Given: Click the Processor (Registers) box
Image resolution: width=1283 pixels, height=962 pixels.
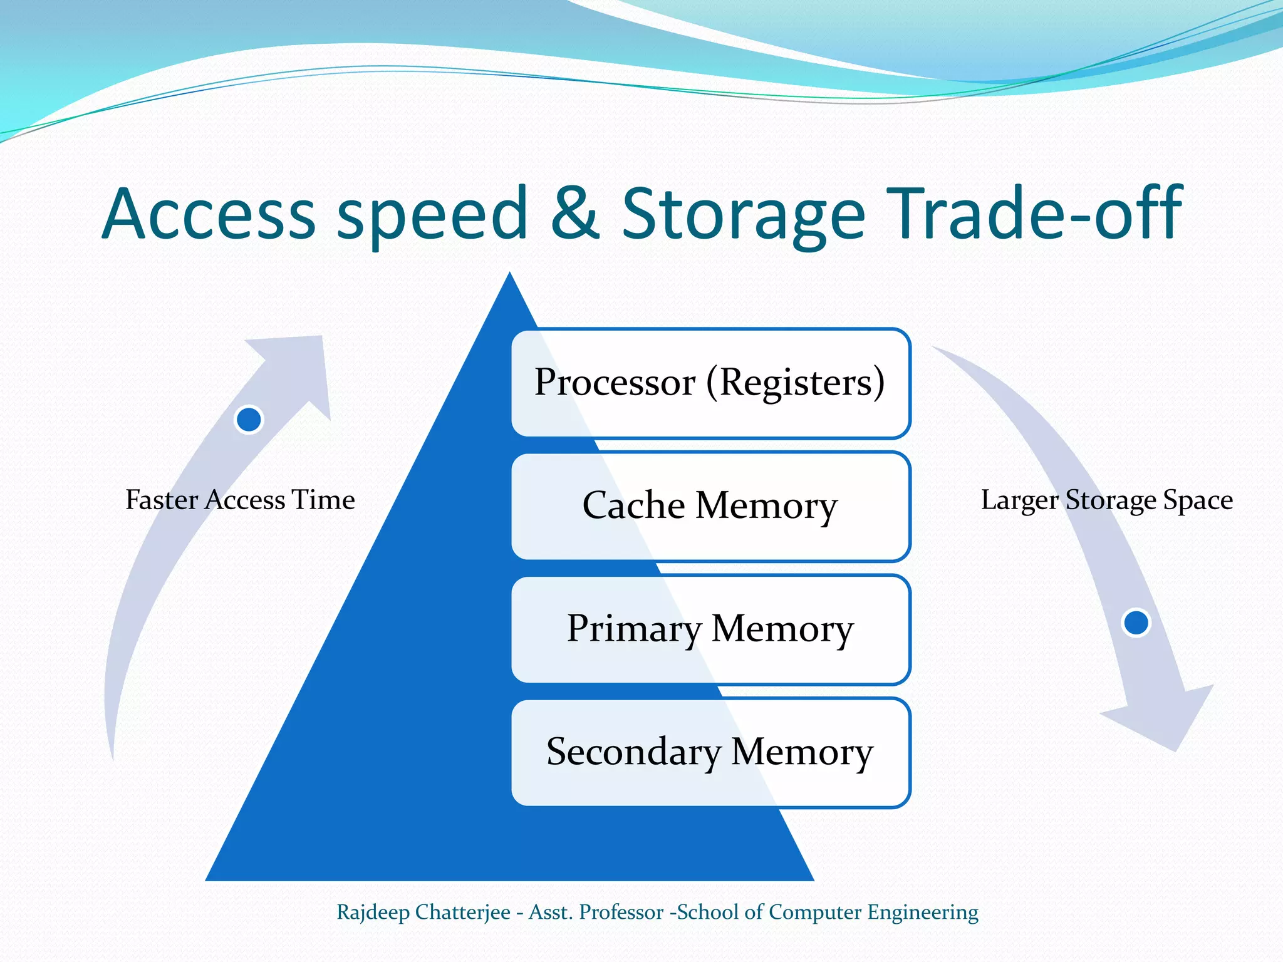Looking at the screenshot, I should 710,383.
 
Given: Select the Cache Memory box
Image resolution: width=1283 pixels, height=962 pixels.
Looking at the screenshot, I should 710,505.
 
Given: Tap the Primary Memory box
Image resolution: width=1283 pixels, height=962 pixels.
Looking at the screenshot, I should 710,629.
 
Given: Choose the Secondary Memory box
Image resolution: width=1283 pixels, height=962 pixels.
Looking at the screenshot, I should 710,752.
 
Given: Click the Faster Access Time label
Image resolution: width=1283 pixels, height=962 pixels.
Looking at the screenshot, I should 240,500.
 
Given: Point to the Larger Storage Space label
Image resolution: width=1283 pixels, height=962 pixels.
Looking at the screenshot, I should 1106,500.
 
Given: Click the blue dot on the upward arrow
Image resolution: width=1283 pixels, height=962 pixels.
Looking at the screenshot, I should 249,419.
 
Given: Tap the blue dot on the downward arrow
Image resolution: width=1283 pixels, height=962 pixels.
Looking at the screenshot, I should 1136,623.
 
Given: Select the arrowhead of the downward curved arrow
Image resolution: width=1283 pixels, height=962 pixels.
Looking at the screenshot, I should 1165,720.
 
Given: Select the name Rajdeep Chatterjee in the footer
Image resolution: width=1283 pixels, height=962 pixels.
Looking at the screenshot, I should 423,912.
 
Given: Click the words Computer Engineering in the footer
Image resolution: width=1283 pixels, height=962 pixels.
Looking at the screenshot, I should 873,912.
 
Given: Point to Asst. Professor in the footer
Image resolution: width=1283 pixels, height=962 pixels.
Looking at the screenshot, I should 596,912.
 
